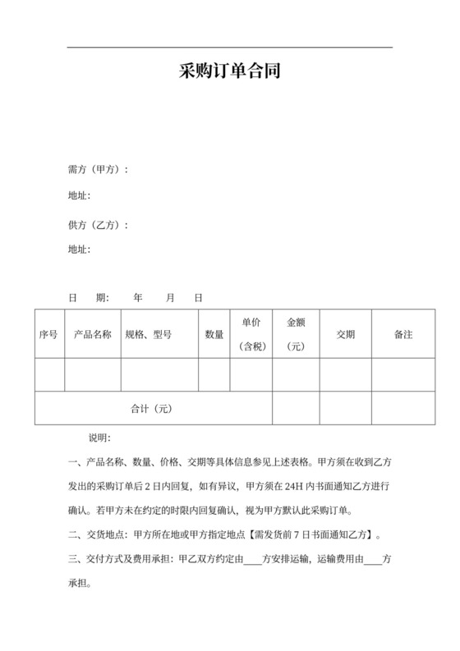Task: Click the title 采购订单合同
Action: tap(230, 71)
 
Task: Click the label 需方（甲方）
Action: tap(98, 170)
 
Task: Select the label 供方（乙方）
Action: tap(98, 225)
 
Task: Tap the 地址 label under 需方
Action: tap(79, 195)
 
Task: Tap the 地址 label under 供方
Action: tap(79, 249)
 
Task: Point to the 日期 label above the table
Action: tap(88, 297)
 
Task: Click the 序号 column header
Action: tap(48, 334)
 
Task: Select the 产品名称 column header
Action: tap(93, 334)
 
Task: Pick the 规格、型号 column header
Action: tap(149, 334)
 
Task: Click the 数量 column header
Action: tap(214, 334)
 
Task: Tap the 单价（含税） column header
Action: tap(251, 334)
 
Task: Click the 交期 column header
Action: tap(346, 334)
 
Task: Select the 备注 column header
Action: tap(403, 334)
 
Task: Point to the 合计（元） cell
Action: tap(152, 408)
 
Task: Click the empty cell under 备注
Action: tap(403, 374)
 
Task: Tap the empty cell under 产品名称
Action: tap(93, 374)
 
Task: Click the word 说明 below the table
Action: tap(99, 438)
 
